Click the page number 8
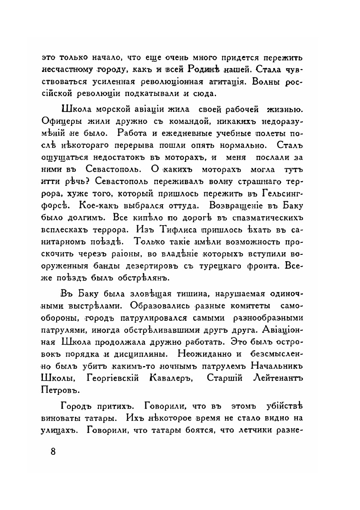(x=54, y=453)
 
